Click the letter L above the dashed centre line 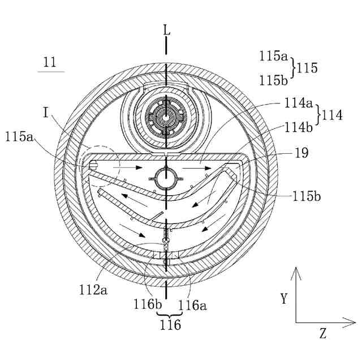pos(167,30)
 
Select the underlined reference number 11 pos(50,62)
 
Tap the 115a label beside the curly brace pos(273,56)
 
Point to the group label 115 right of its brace pos(307,68)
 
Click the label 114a pos(298,103)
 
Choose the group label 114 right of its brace pos(332,115)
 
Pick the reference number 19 pos(301,153)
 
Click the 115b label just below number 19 pos(307,196)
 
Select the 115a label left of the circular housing pos(19,136)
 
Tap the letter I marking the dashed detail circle pos(46,113)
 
